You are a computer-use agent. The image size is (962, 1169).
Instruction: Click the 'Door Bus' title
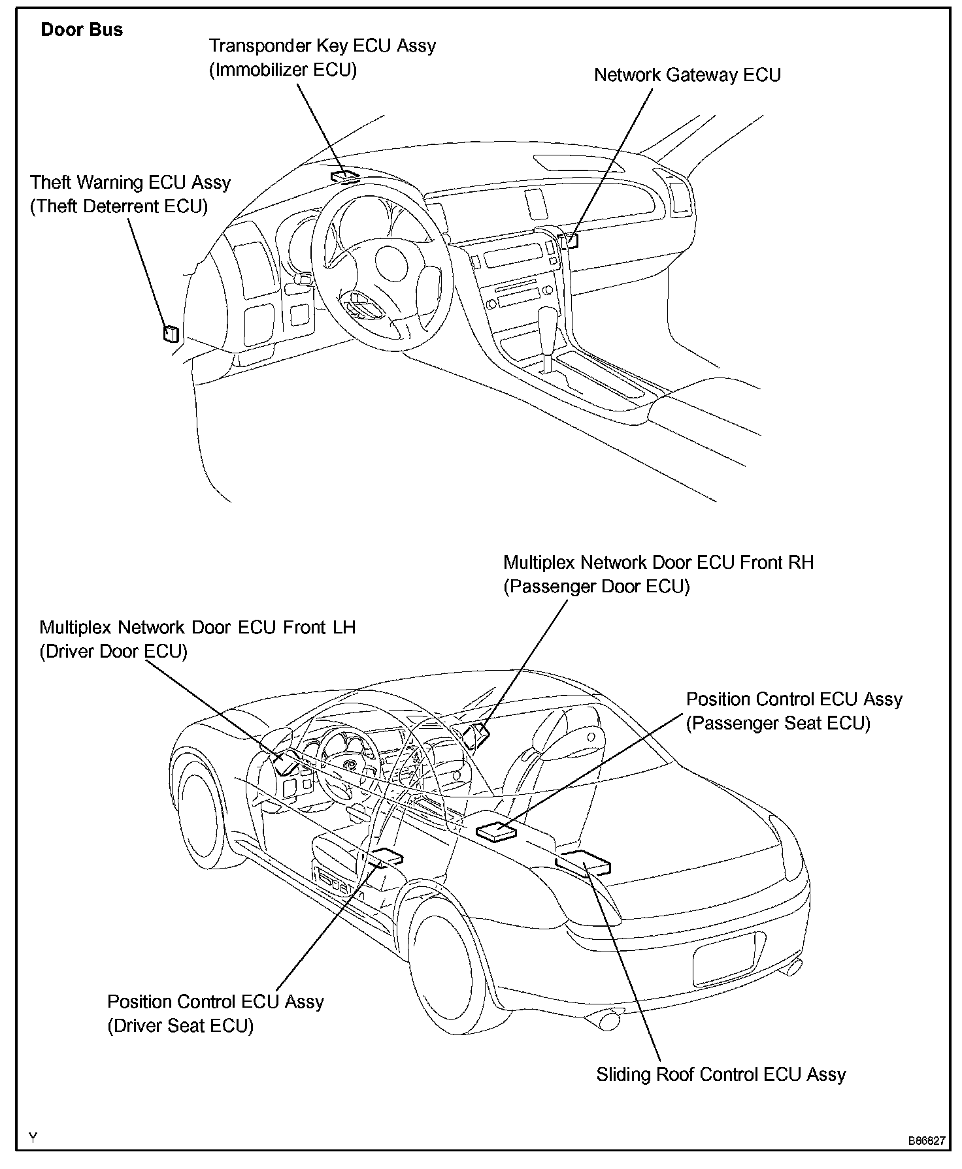(x=82, y=30)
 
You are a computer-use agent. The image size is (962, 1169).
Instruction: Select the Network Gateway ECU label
(x=687, y=75)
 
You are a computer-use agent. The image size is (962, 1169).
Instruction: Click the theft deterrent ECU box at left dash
(x=171, y=333)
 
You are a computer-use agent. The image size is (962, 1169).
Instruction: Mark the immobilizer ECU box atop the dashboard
(x=345, y=175)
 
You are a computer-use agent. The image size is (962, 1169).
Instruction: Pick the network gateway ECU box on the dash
(x=571, y=240)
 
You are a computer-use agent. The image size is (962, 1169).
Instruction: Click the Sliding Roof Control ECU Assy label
(x=721, y=1074)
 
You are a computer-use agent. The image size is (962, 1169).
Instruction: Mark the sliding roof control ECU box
(x=584, y=861)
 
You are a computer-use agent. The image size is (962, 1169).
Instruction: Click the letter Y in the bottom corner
(x=33, y=1137)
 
